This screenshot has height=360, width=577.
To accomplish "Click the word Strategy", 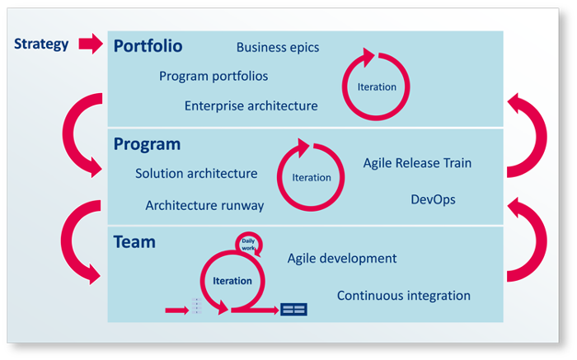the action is pyautogui.click(x=41, y=44).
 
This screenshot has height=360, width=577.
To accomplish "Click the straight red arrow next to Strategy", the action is pyautogui.click(x=91, y=44).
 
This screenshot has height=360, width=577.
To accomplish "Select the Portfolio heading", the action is pyautogui.click(x=148, y=46).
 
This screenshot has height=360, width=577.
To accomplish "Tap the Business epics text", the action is pyautogui.click(x=278, y=48).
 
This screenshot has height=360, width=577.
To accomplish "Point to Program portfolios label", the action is pyautogui.click(x=213, y=76).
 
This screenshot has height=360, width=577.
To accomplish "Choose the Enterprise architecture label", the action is pyautogui.click(x=251, y=106).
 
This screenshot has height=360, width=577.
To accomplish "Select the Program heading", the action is pyautogui.click(x=147, y=144).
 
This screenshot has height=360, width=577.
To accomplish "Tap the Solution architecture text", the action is pyautogui.click(x=196, y=173).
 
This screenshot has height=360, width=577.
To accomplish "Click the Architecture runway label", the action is pyautogui.click(x=204, y=205).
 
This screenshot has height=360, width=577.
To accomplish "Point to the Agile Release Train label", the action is pyautogui.click(x=417, y=163).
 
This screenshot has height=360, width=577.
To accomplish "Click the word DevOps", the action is pyautogui.click(x=433, y=199).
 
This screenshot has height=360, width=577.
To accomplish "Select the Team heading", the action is pyautogui.click(x=134, y=242).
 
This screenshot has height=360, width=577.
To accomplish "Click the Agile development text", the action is pyautogui.click(x=342, y=258).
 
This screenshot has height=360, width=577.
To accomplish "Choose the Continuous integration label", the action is pyautogui.click(x=404, y=296).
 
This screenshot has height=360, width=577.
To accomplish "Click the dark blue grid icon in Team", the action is pyautogui.click(x=293, y=309).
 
